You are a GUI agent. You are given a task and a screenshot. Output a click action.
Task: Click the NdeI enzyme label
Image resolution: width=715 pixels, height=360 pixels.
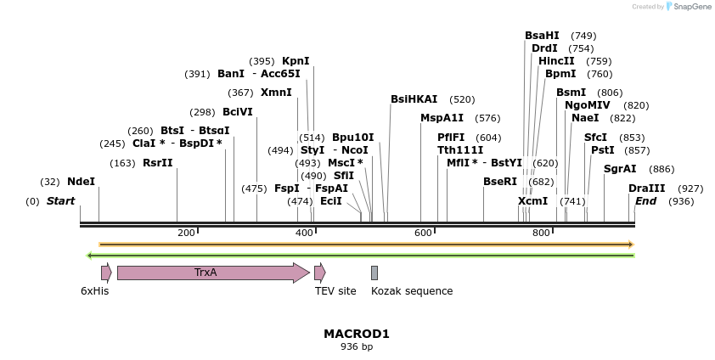point(82,182)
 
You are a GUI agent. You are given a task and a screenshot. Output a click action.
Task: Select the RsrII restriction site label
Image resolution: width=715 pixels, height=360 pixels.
point(158,163)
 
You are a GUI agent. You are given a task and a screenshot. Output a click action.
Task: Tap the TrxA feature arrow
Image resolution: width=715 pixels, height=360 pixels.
point(212,273)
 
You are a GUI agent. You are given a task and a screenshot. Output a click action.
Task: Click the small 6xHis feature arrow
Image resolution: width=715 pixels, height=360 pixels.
point(106,273)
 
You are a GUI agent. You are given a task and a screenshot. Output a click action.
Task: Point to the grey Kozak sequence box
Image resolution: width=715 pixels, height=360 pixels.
point(374,273)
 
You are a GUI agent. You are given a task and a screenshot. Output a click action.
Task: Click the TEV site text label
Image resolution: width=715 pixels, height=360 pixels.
point(335,291)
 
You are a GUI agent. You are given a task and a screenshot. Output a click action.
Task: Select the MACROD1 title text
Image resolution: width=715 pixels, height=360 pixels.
point(357,334)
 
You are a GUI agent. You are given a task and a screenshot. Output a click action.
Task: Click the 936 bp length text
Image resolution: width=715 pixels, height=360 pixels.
point(357,346)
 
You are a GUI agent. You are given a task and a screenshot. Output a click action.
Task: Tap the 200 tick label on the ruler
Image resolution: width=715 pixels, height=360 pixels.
point(186,233)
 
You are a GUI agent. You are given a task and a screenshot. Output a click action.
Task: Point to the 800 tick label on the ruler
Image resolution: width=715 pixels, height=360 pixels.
point(541,233)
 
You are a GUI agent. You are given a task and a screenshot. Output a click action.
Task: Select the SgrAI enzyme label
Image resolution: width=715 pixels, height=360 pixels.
point(620,169)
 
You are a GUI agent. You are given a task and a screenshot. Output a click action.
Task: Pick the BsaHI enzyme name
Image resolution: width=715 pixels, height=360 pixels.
point(542,36)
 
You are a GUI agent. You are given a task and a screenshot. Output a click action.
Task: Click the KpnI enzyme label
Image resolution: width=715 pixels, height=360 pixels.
point(296,61)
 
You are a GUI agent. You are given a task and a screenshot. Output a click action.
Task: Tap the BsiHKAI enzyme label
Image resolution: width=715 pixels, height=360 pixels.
point(414,99)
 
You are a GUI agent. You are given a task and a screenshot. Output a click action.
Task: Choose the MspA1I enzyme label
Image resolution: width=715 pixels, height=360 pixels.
point(442,118)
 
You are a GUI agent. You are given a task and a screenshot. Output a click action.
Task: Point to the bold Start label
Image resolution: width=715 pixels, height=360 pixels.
point(60,201)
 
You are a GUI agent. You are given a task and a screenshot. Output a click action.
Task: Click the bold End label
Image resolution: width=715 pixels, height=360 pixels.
point(645,201)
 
